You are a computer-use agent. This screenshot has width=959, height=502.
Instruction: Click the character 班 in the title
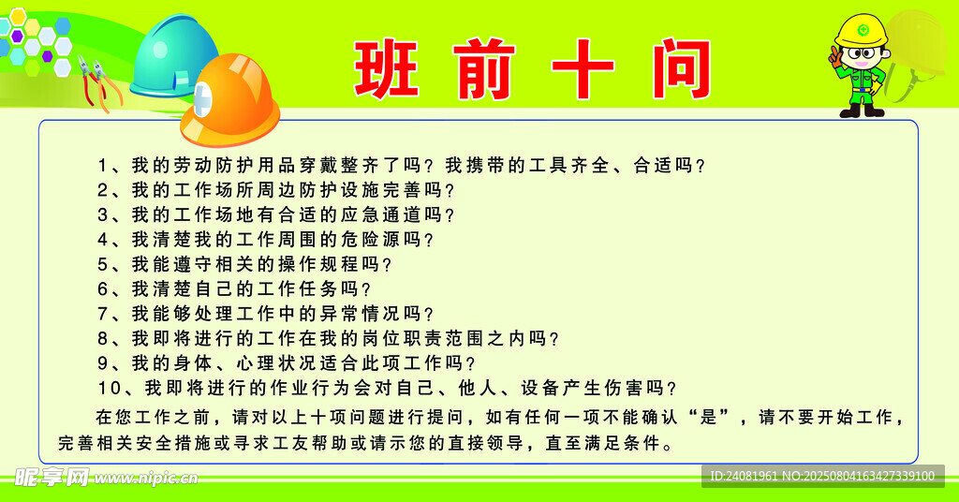[386, 68]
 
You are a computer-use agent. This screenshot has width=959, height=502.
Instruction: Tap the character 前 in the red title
[484, 68]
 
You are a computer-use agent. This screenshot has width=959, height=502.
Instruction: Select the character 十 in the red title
[583, 68]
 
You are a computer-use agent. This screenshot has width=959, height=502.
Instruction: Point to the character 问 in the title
[681, 68]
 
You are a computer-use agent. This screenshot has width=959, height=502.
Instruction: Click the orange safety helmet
[230, 99]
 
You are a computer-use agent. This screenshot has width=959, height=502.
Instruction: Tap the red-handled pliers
[97, 82]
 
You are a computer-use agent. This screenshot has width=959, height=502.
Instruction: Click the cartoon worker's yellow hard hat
[862, 31]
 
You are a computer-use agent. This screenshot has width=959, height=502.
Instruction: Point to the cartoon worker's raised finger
[834, 52]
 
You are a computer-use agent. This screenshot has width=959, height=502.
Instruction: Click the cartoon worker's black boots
[862, 111]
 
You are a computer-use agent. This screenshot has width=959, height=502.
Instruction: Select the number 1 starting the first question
[103, 165]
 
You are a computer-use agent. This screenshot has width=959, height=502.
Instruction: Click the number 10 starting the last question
[110, 388]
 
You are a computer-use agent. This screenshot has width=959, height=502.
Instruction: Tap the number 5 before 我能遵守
[103, 264]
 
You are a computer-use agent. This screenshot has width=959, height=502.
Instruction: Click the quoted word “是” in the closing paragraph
[708, 417]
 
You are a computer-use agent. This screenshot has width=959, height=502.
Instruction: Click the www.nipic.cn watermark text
[145, 478]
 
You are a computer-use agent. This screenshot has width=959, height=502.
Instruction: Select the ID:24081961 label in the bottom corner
[743, 476]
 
